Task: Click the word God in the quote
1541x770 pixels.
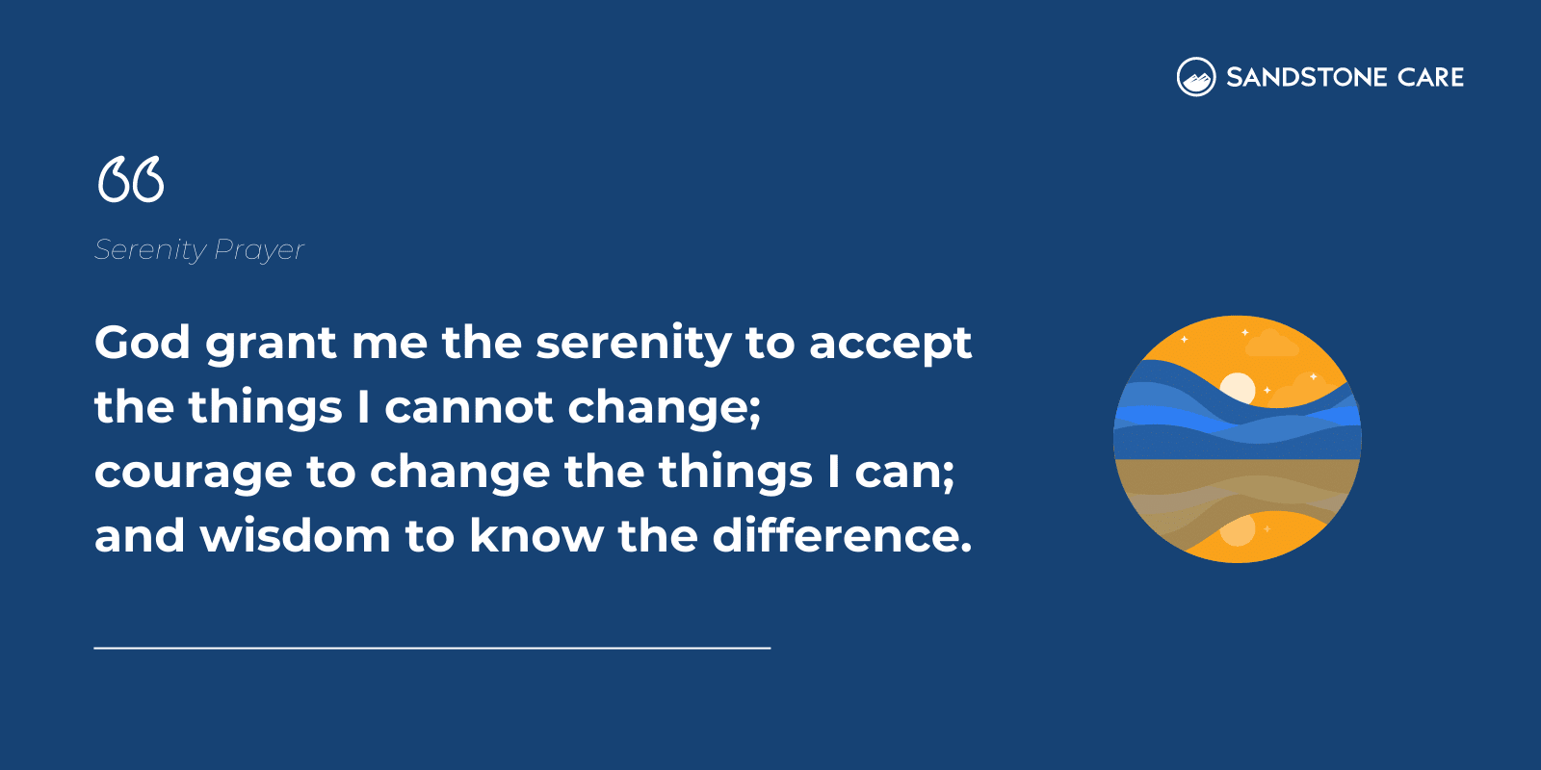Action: pos(143,343)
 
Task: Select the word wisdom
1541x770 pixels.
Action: pos(295,536)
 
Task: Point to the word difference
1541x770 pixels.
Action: pos(842,536)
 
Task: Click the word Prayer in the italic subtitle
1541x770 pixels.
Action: pos(259,250)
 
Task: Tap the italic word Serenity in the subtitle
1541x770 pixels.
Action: pos(150,250)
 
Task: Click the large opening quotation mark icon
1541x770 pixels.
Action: pos(131,180)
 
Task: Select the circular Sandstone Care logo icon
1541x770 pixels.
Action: pos(1196,77)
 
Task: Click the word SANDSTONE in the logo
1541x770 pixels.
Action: pos(1306,77)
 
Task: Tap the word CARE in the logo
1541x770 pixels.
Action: pos(1430,77)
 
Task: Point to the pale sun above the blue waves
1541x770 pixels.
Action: pos(1238,387)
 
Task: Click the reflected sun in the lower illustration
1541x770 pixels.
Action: pos(1238,530)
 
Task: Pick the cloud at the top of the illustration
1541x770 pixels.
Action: pos(1271,344)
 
